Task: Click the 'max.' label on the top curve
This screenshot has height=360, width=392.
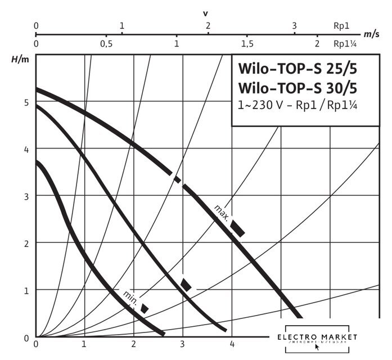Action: [221, 213]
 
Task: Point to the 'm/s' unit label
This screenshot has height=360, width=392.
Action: [371, 34]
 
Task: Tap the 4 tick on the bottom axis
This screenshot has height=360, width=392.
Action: [231, 344]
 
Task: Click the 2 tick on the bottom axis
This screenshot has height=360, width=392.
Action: [134, 344]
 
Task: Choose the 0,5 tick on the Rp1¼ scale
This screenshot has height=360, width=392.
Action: [106, 44]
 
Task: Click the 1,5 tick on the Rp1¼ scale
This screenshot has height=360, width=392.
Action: [246, 44]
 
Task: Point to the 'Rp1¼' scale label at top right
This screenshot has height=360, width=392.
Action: [344, 44]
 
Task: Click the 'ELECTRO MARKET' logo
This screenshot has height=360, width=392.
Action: [318, 337]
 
